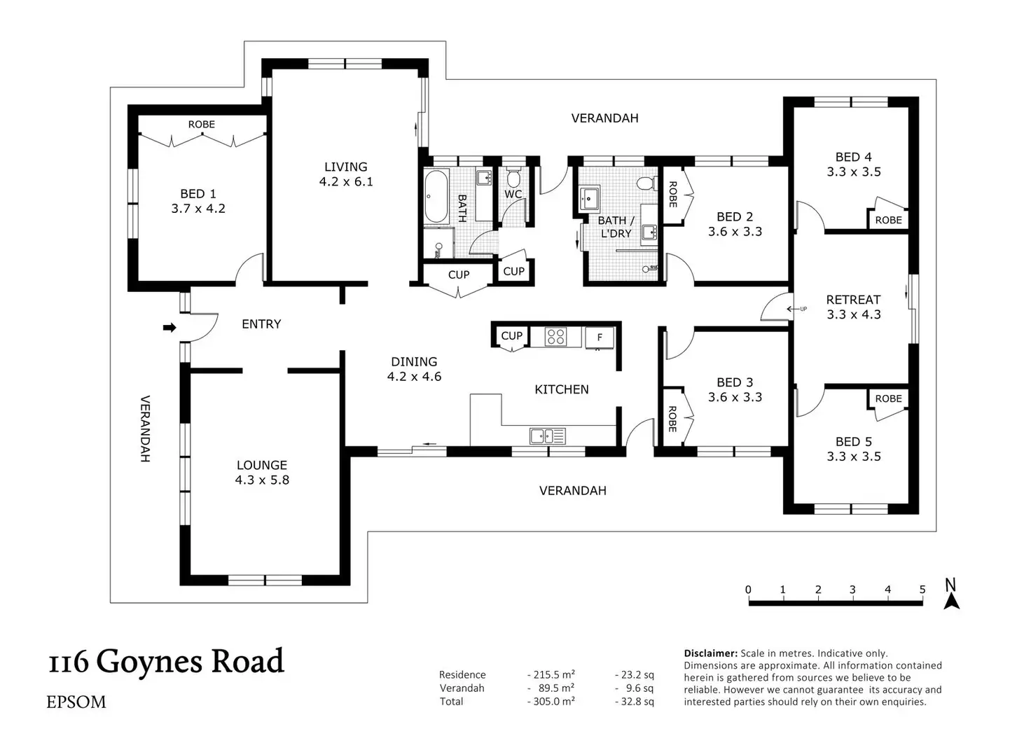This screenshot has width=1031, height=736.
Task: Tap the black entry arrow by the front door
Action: pyautogui.click(x=169, y=328)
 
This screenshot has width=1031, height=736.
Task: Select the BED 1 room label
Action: pyautogui.click(x=198, y=201)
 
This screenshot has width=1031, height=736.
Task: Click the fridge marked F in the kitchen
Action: pyautogui.click(x=600, y=338)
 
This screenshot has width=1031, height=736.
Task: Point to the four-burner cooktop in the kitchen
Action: pyautogui.click(x=555, y=336)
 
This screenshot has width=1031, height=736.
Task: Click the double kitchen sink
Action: pyautogui.click(x=547, y=436)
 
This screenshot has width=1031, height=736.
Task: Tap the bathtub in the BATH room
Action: pyautogui.click(x=436, y=197)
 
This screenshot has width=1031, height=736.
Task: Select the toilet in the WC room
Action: pyautogui.click(x=513, y=177)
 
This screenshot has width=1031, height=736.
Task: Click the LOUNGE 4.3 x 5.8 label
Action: pyautogui.click(x=262, y=473)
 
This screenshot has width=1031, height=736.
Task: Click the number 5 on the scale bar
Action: pyautogui.click(x=922, y=589)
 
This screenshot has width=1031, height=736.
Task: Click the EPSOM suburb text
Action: pyautogui.click(x=76, y=702)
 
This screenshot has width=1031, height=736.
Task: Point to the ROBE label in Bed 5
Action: pyautogui.click(x=888, y=398)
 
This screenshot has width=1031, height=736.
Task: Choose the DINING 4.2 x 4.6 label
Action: pyautogui.click(x=414, y=369)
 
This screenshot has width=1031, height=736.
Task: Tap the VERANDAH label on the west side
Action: pyautogui.click(x=145, y=429)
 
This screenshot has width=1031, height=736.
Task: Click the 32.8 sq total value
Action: pyautogui.click(x=635, y=702)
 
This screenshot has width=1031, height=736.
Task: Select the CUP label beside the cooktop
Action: pyautogui.click(x=512, y=336)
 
